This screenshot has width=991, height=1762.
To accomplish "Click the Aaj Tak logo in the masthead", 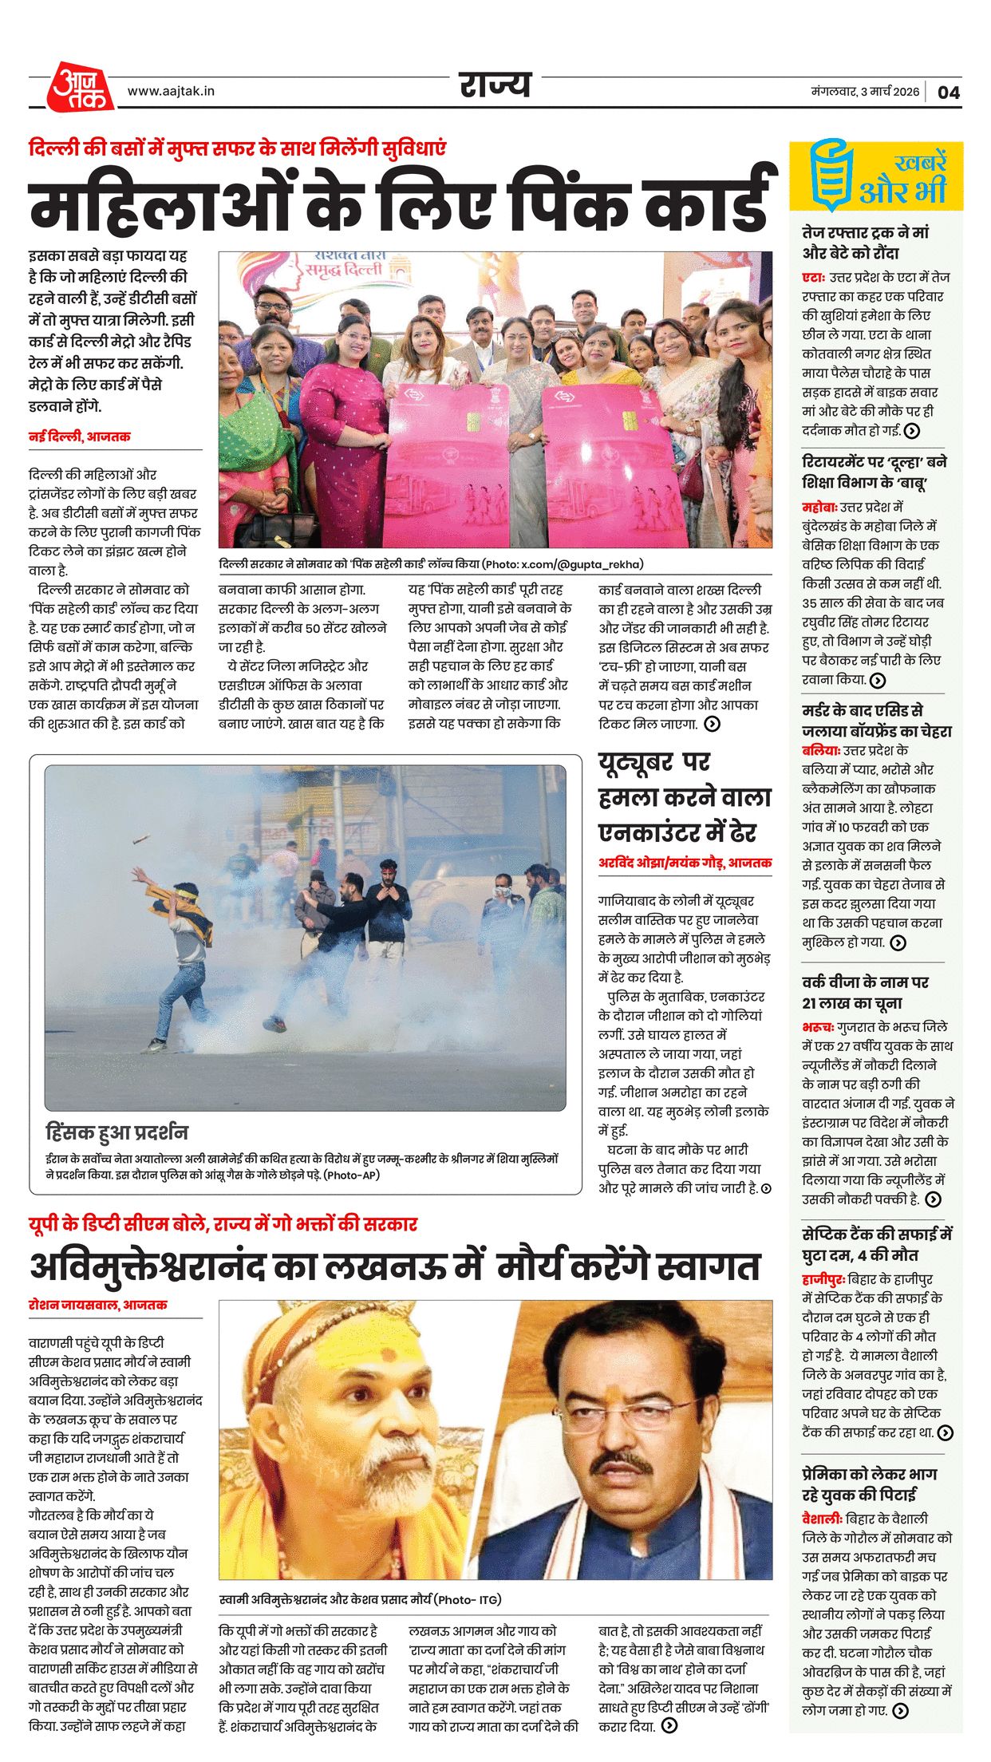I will click(81, 87).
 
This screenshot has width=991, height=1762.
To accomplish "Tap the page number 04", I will click(948, 92).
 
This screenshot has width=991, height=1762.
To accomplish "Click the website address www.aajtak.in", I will click(171, 91).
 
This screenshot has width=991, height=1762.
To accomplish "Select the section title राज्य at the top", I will click(495, 85).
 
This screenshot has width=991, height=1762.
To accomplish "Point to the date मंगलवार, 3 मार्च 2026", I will click(865, 92).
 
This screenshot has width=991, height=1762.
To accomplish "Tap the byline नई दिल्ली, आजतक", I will click(79, 437).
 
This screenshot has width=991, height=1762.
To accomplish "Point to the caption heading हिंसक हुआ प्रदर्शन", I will click(116, 1132).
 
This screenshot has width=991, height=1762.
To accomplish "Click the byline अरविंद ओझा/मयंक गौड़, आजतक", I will click(685, 863).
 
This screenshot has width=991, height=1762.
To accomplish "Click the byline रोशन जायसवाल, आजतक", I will click(97, 1305).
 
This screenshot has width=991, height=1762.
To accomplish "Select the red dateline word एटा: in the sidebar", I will click(813, 278).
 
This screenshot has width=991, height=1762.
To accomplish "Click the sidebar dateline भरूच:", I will click(818, 1027).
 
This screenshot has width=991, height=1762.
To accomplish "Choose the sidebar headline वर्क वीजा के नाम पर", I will click(865, 982).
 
